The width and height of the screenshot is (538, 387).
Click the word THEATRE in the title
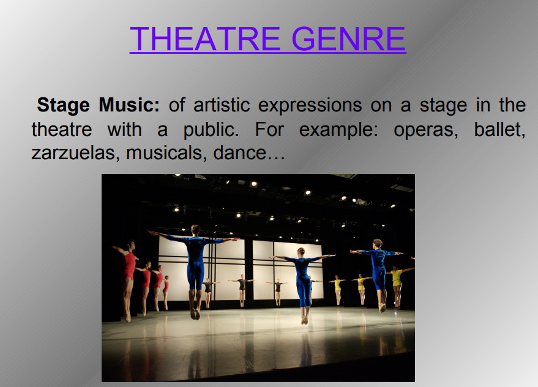(x=205, y=39)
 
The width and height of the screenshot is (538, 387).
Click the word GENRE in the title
(x=349, y=39)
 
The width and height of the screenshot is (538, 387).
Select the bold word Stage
(x=64, y=106)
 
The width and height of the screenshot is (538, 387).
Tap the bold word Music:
(x=129, y=105)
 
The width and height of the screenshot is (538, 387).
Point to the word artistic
(x=222, y=105)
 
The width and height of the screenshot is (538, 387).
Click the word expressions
(x=310, y=106)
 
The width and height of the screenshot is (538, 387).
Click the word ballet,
(x=499, y=130)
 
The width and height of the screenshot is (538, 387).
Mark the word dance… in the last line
(x=249, y=152)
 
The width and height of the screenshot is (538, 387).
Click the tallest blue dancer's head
(x=195, y=230)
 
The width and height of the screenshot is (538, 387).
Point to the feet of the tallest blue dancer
(x=196, y=314)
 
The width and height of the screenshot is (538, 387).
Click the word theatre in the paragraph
(x=62, y=130)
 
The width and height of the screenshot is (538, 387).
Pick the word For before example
(x=269, y=130)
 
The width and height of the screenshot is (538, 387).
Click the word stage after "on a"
(x=443, y=106)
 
